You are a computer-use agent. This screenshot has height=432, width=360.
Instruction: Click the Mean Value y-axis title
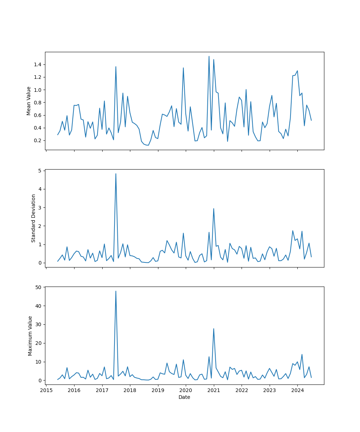(x=28, y=101)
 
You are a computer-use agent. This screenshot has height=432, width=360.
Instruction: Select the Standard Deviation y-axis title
(x=33, y=218)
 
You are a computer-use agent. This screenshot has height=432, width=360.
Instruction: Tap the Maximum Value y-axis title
(x=30, y=336)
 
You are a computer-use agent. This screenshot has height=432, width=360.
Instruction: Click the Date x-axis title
(x=184, y=397)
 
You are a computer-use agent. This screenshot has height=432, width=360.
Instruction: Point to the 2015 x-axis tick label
(x=46, y=390)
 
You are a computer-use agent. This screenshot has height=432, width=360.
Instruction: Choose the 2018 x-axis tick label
(x=130, y=390)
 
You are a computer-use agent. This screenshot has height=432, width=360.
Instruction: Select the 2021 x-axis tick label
(x=214, y=390)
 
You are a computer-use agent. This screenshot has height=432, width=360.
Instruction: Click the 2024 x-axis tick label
(x=297, y=390)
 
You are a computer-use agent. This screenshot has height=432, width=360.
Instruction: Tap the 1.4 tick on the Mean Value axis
(x=37, y=64)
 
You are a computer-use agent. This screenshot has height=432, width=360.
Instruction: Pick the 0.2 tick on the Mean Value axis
(x=37, y=140)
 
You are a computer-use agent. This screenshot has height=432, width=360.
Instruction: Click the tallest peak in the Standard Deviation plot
(x=116, y=174)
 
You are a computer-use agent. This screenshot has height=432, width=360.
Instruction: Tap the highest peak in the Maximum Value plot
(x=116, y=291)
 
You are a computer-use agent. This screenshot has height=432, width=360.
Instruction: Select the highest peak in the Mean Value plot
(x=209, y=56)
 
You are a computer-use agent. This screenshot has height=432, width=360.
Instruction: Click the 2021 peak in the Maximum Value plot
(x=214, y=328)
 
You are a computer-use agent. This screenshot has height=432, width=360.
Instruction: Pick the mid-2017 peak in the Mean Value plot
(x=116, y=67)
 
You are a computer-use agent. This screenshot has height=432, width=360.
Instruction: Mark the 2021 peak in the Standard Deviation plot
(x=214, y=208)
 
